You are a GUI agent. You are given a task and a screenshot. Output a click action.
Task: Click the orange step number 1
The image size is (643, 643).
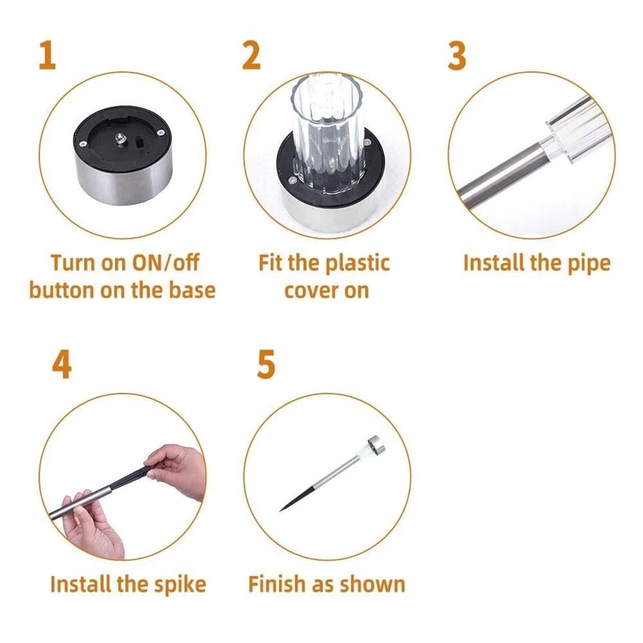pyautogui.click(x=47, y=55)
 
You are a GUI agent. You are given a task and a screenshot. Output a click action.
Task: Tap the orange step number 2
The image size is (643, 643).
pyautogui.click(x=252, y=55)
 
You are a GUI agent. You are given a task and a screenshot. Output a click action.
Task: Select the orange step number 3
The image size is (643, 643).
pyautogui.click(x=457, y=55)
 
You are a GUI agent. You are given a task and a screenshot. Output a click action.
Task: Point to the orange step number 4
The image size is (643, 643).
pyautogui.click(x=61, y=364)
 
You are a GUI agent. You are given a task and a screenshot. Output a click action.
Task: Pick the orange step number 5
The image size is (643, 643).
pyautogui.click(x=266, y=364)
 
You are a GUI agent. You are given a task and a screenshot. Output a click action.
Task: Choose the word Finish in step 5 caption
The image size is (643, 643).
pyautogui.click(x=279, y=584)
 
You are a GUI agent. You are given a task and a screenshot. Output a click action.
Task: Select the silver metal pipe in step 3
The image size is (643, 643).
pyautogui.click(x=498, y=173)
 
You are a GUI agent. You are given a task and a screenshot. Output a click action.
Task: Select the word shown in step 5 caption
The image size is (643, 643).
pyautogui.click(x=377, y=584)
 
